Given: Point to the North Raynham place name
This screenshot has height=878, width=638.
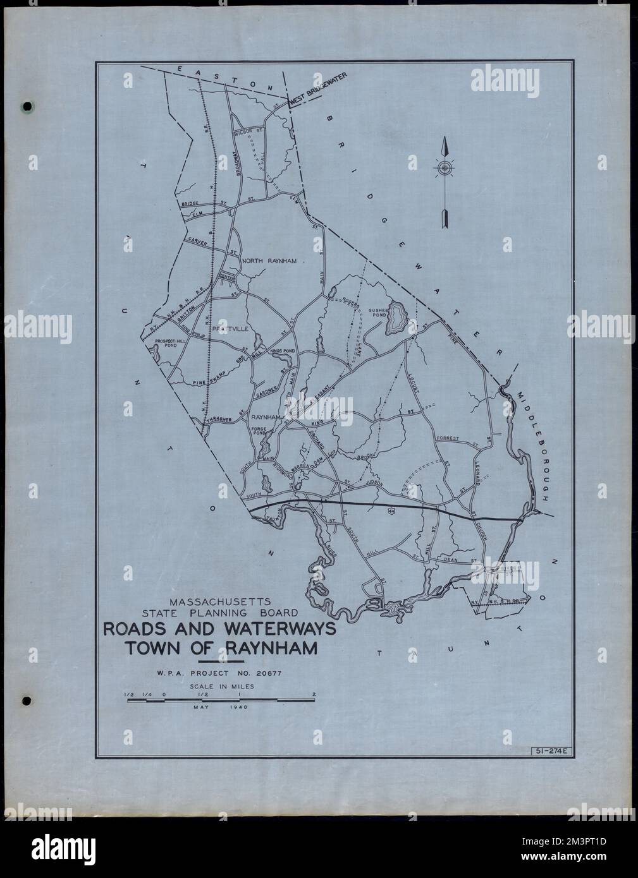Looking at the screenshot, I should pyautogui.click(x=269, y=260).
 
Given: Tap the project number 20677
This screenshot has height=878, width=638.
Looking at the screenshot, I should pyautogui.click(x=268, y=673).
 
